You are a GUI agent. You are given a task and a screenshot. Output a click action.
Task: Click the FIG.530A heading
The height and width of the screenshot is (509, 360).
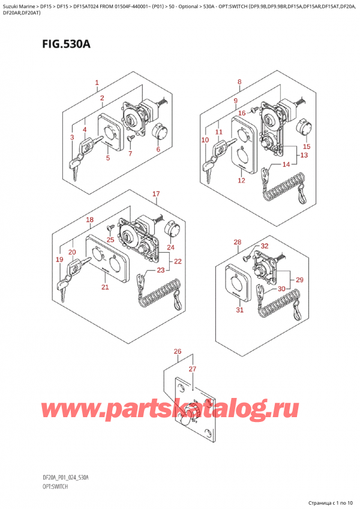[66, 43]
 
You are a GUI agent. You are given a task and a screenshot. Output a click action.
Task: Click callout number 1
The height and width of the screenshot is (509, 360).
[97, 82]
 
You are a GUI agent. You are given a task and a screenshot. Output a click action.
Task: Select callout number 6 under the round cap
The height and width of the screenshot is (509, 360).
[158, 149]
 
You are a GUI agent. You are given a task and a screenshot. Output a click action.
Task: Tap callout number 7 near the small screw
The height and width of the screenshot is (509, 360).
[130, 153]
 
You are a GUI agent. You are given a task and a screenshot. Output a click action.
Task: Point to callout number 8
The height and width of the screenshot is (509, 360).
[239, 82]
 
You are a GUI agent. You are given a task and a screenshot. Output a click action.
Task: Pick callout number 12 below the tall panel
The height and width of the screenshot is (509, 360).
[241, 180]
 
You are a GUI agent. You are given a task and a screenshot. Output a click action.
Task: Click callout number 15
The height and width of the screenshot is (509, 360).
[307, 146]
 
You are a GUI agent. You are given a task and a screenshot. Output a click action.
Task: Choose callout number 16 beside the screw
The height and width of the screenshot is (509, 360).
[242, 113]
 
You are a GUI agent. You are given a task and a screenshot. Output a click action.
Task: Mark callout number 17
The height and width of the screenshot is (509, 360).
[156, 194]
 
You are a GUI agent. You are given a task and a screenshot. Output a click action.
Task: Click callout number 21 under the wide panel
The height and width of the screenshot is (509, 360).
[105, 287]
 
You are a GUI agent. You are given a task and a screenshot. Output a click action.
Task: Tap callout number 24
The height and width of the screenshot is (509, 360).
[170, 247]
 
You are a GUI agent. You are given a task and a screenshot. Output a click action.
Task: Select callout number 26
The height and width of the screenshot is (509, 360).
[177, 351]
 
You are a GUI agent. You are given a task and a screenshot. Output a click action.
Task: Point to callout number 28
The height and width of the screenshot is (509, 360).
[237, 242]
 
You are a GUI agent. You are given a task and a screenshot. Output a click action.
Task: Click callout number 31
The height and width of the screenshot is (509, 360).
[239, 310]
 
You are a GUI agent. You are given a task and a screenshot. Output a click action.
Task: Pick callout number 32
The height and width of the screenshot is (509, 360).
[264, 246]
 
